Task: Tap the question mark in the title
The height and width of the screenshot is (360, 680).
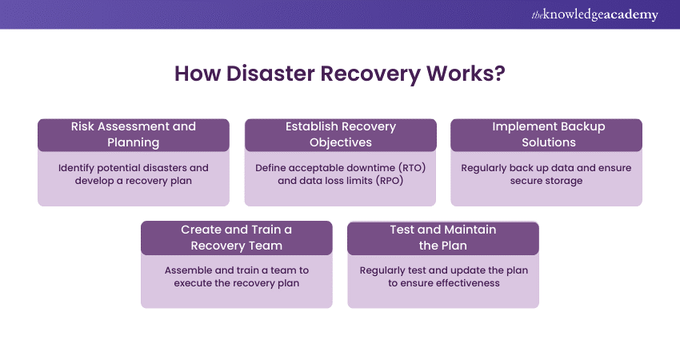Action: coord(500,74)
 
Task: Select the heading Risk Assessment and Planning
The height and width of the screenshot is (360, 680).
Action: coord(134,134)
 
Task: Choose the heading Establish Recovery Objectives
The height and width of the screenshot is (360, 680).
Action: coord(341,134)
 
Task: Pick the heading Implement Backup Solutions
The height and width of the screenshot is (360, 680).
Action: coord(547,134)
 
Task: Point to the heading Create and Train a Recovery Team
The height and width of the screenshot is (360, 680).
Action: coord(237,237)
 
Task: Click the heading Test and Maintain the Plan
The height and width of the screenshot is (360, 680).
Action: coord(443,237)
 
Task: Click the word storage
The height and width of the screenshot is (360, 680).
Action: coord(565,181)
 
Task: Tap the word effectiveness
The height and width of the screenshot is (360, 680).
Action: coord(466,283)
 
